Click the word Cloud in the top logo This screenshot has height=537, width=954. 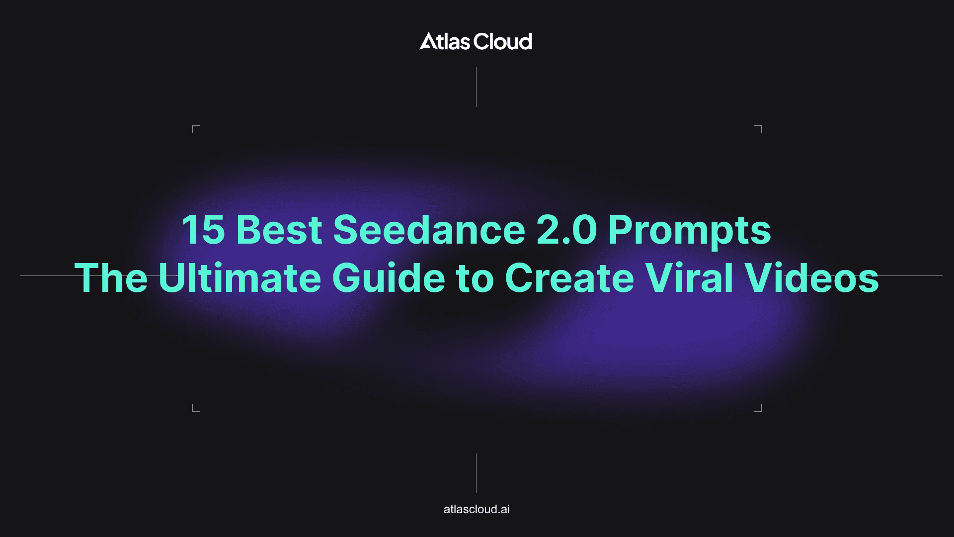coord(503,42)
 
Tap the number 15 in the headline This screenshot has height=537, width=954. coord(203,230)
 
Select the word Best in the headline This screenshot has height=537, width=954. coord(279,230)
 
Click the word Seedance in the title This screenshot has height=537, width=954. coord(429,230)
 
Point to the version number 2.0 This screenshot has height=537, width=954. coord(566,230)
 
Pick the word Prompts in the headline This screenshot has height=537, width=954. coord(690,231)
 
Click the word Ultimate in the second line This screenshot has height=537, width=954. coord(239,278)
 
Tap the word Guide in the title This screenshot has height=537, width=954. coord(388,278)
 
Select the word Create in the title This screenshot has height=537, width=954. coord(569,278)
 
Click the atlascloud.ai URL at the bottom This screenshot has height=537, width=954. coord(477,509)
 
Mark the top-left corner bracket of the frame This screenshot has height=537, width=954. coord(195,129)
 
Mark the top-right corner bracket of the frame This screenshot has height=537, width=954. coord(759,129)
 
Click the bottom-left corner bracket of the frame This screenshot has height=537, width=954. coord(195,409)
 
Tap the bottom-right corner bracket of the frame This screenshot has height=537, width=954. coord(759,409)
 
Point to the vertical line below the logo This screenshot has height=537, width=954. coord(476,87)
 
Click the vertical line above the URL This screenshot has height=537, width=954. coord(476,473)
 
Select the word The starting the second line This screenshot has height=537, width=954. coord(111,278)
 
